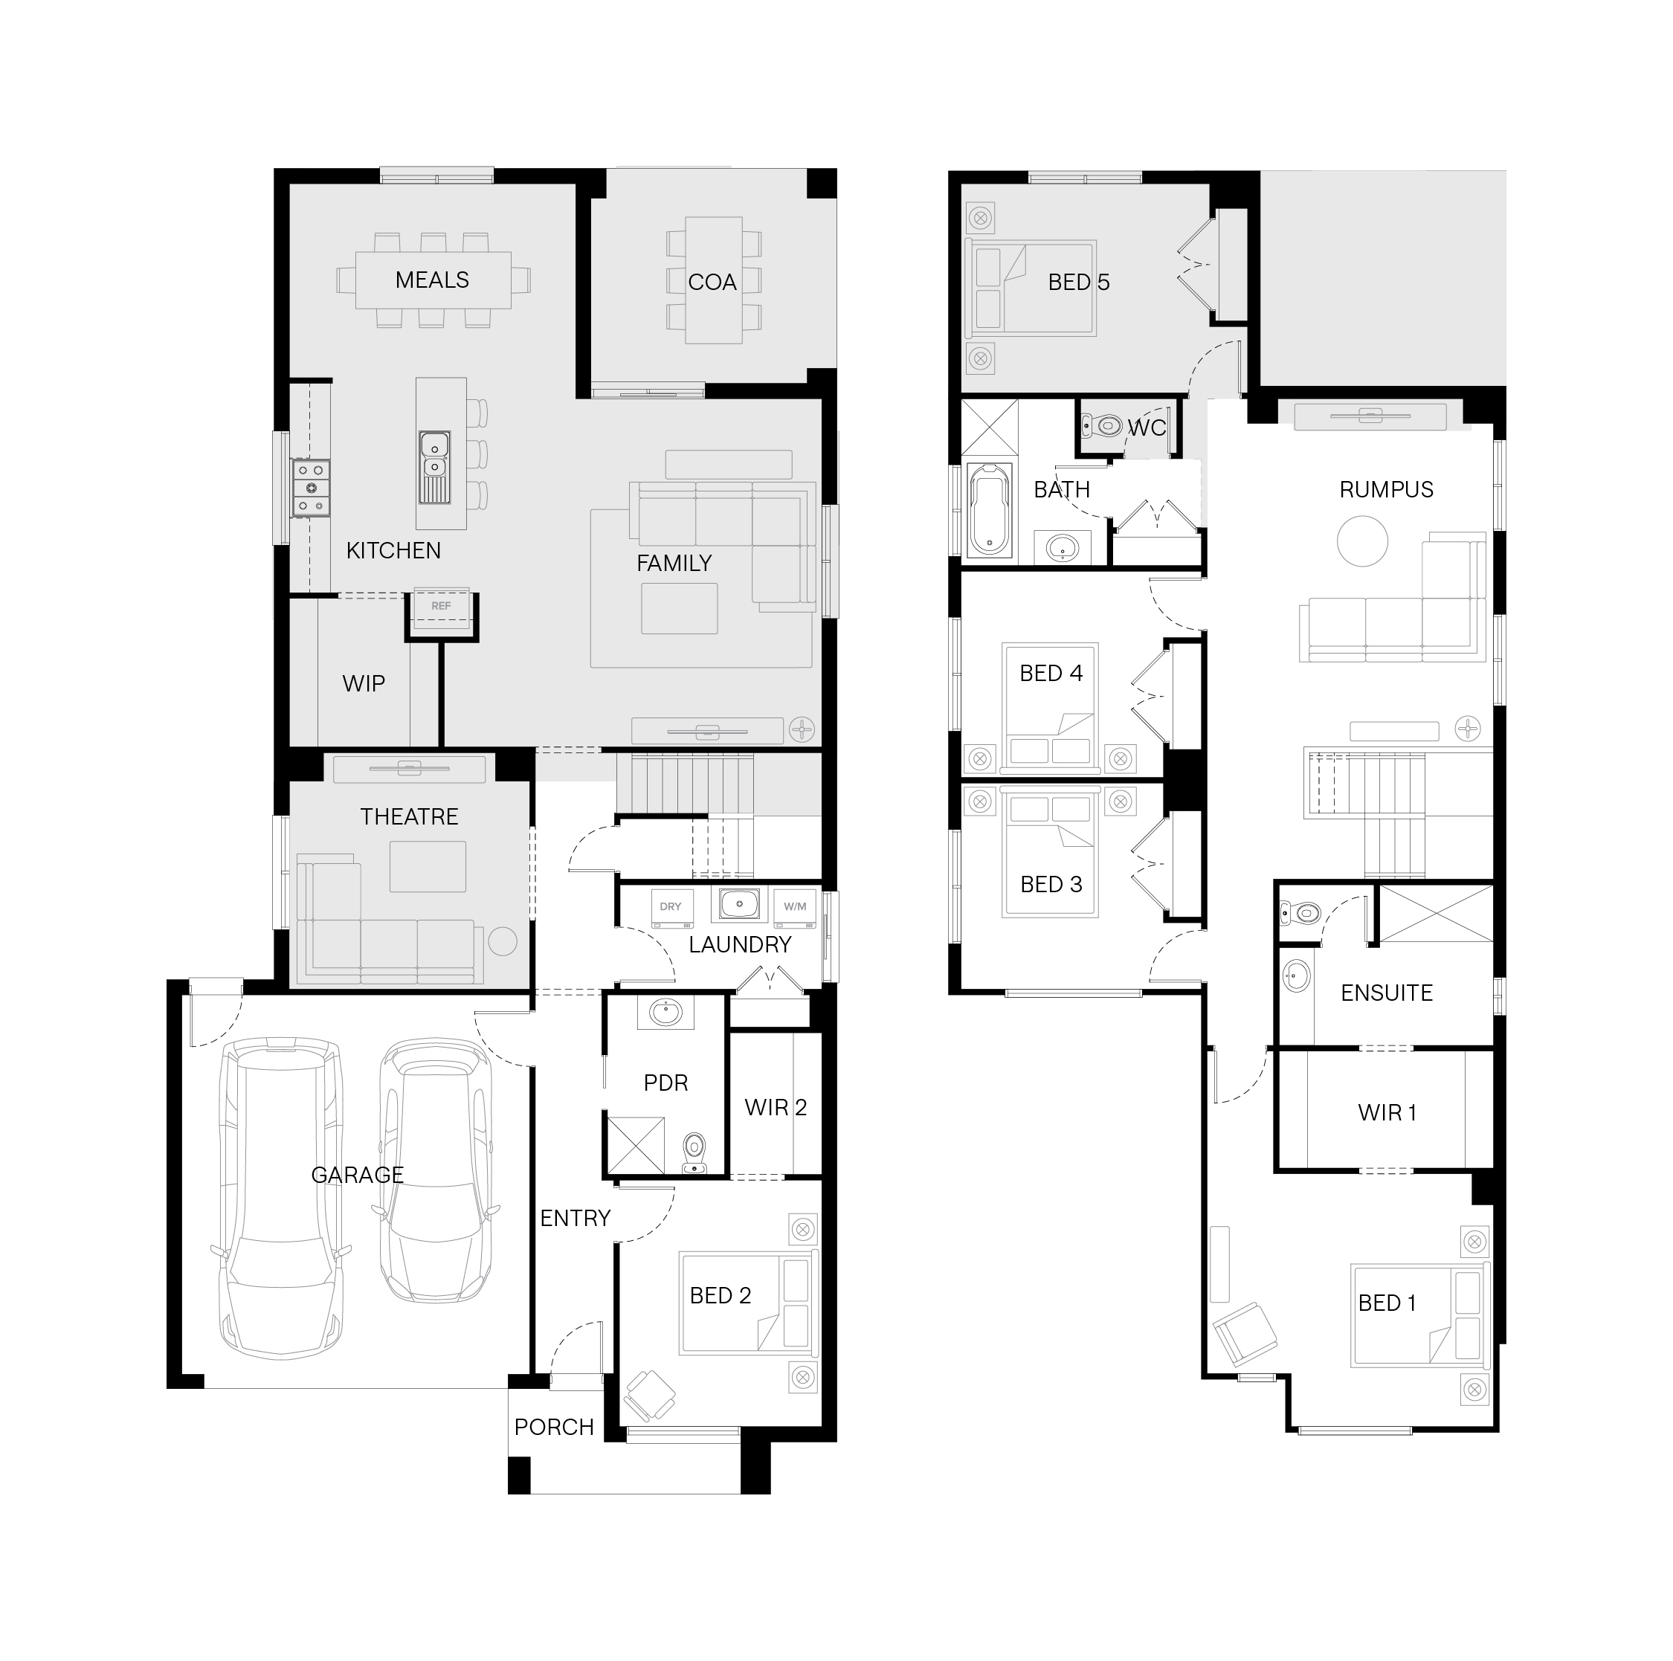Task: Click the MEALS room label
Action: tap(432, 280)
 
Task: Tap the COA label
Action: tap(712, 283)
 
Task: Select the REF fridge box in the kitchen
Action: tap(441, 606)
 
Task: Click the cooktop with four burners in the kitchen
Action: tap(311, 488)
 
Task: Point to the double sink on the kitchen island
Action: tap(433, 467)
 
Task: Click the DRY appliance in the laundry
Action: tap(671, 908)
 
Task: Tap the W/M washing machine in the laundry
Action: tap(795, 908)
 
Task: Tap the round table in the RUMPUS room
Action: tap(1362, 541)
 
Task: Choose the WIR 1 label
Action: tap(1387, 1112)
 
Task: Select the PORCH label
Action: tap(554, 1428)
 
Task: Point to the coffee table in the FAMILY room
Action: tap(680, 609)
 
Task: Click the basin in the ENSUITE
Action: tap(1295, 976)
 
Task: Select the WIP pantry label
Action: tap(364, 683)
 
